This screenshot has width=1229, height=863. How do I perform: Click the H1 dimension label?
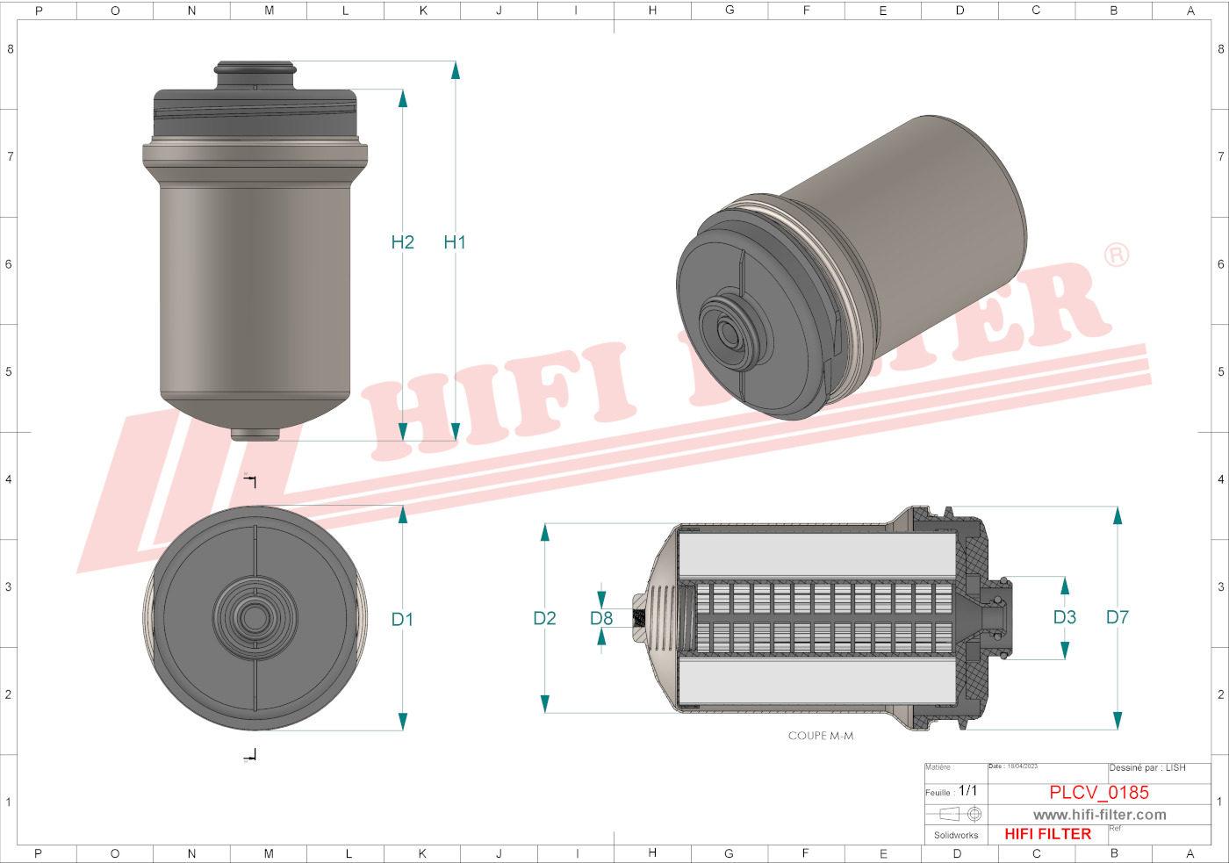pos(454,242)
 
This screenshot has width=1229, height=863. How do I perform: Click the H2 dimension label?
pos(402,242)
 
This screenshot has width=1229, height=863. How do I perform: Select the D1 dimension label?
pos(402,620)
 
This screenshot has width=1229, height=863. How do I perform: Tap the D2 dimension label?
pos(544,619)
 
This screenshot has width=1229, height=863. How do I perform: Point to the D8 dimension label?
pos(601,619)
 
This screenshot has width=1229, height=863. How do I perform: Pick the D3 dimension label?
pos(1064,617)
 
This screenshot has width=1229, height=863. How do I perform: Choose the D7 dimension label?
pos(1117,617)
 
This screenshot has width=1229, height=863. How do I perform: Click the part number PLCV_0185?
pos(1098,793)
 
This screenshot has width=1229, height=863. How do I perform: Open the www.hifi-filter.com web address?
pos(1099,815)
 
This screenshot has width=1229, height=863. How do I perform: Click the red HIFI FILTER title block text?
pos(1047,834)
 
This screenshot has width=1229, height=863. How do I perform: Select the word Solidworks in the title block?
pos(956,835)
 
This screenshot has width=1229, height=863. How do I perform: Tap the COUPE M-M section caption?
pos(820,736)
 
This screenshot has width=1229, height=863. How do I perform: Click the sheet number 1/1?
pos(967,791)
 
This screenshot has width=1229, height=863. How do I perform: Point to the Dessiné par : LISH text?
pos(1146,768)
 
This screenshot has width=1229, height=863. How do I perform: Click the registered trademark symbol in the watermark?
pos(1116,255)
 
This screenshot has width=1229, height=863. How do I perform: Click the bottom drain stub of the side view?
pos(255,434)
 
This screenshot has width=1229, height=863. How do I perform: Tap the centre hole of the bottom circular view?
pos(255,618)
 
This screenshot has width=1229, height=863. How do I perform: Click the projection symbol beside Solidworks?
pos(960,815)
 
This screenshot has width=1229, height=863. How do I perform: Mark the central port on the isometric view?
pos(729,333)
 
